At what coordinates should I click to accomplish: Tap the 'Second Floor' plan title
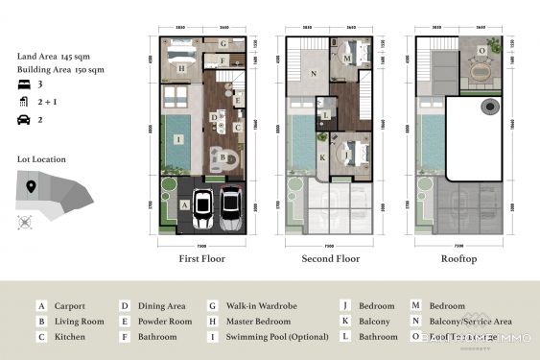pyautogui.click(x=330, y=259)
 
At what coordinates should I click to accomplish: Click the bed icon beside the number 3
pyautogui.click(x=25, y=84)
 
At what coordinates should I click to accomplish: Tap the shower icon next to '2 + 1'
pyautogui.click(x=25, y=101)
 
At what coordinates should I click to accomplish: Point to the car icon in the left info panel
pyautogui.click(x=25, y=119)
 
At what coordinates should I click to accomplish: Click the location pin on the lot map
pyautogui.click(x=31, y=185)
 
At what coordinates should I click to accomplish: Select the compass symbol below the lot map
pyautogui.click(x=25, y=222)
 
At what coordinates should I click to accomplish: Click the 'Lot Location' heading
pyautogui.click(x=42, y=159)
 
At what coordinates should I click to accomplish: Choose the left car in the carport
pyautogui.click(x=202, y=209)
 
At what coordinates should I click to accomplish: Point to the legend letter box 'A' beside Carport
pyautogui.click(x=41, y=306)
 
